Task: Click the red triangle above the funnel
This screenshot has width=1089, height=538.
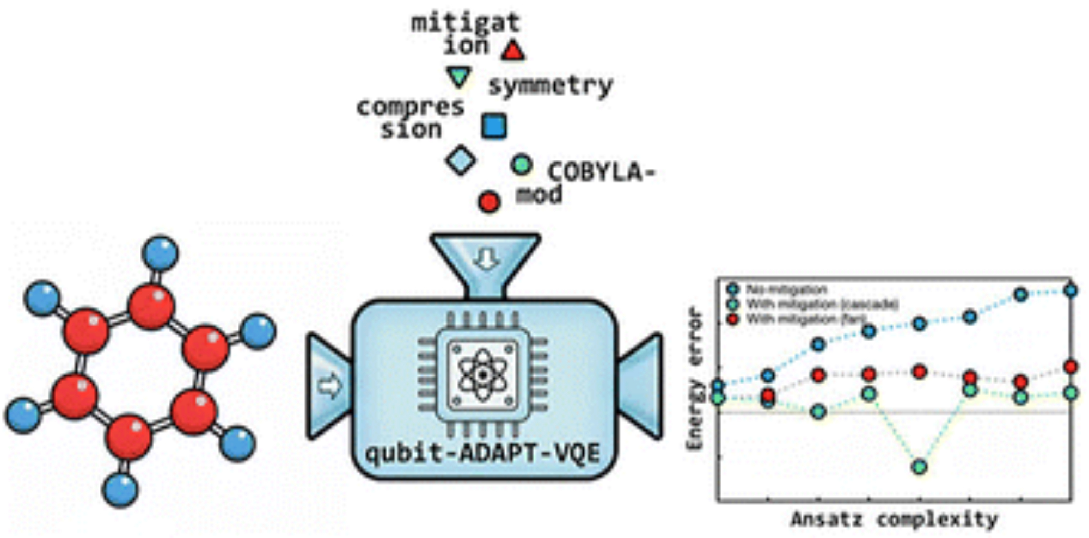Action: click(x=512, y=51)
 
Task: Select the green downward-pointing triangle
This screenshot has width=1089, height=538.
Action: click(x=458, y=77)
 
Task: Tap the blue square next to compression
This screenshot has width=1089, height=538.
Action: click(x=494, y=126)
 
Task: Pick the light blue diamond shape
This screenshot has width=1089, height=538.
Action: click(x=461, y=160)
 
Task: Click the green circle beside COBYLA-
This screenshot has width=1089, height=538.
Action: click(x=521, y=164)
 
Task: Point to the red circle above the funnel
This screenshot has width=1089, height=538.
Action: click(x=489, y=202)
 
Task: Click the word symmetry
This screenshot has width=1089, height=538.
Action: click(x=550, y=86)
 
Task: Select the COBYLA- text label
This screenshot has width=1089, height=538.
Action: click(x=601, y=172)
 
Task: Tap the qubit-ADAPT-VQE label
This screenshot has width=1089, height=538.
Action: click(x=482, y=453)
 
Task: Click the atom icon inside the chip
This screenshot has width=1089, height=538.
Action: click(x=482, y=375)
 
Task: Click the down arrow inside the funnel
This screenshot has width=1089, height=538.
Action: click(x=486, y=259)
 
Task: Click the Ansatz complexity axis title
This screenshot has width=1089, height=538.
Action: click(x=894, y=519)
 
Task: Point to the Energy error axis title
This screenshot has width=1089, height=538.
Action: click(x=694, y=379)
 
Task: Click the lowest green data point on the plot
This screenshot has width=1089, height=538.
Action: click(x=919, y=467)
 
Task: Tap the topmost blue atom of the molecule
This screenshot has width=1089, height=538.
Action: click(x=160, y=252)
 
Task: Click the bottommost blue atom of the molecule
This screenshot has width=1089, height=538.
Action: click(x=120, y=489)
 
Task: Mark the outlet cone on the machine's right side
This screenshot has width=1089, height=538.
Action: click(x=641, y=387)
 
